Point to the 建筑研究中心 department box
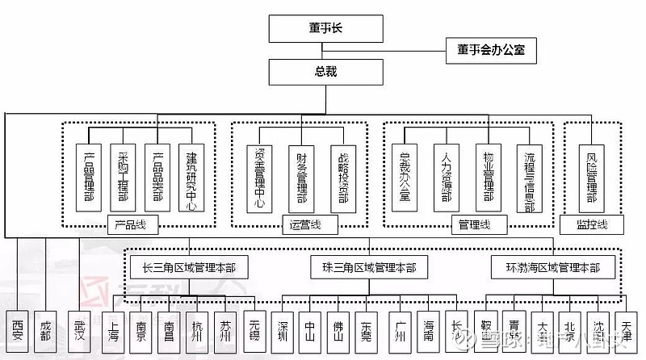(191, 177)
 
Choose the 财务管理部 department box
(301, 177)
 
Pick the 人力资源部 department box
(446, 177)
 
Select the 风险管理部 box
(592, 177)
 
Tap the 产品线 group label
(130, 224)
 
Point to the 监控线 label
(592, 224)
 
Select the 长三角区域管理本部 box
(189, 266)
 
